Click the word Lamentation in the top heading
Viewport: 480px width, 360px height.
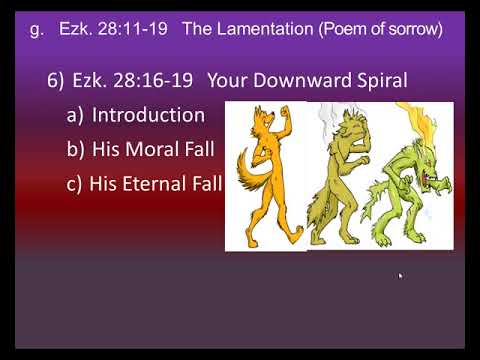[x=265, y=29]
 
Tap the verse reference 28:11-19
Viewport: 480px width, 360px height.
[x=133, y=29]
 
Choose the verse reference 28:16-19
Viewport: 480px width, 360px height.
[x=153, y=81]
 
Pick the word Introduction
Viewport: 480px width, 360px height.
[x=148, y=115]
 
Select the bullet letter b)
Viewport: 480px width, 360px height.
[x=75, y=149]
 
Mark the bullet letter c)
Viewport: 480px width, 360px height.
[x=74, y=184]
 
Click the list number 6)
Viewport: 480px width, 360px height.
[x=55, y=81]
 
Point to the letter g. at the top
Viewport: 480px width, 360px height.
[x=37, y=30]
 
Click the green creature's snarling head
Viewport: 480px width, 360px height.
[x=428, y=167]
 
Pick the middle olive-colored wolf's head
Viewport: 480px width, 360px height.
[x=352, y=128]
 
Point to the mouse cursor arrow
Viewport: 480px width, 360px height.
[x=400, y=276]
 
